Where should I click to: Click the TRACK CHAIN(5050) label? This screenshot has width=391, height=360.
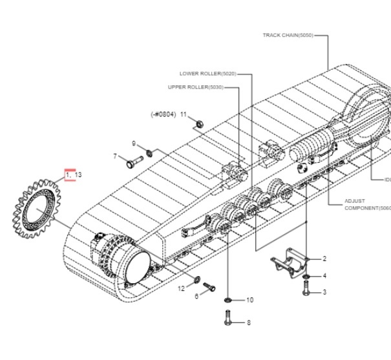coord(288,36)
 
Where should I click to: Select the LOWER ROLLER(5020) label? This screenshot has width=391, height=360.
coord(208,74)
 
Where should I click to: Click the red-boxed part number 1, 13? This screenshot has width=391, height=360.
coord(73,175)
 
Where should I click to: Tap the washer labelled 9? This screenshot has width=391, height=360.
coord(150,152)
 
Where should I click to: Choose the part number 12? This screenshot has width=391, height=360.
coord(182,288)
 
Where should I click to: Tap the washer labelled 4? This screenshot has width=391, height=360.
coord(306,277)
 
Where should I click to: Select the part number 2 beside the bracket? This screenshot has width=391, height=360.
coord(324,259)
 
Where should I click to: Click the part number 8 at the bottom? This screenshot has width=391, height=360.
coord(248,323)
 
